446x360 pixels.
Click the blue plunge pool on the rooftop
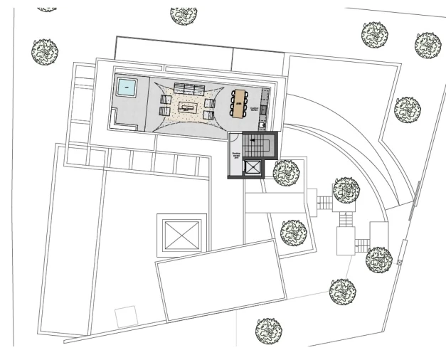pos(127,89)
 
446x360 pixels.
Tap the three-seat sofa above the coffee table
pos(188,89)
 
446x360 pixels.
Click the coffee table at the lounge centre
pos(188,107)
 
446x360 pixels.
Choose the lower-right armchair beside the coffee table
pos(210,115)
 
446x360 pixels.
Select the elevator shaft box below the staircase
pos(253,169)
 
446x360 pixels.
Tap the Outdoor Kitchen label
pos(255,110)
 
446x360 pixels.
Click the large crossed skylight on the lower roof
pos(179,233)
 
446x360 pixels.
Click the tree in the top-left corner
pos(44,50)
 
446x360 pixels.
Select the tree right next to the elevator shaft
pos(286,171)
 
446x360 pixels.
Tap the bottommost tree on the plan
pos(268,329)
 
